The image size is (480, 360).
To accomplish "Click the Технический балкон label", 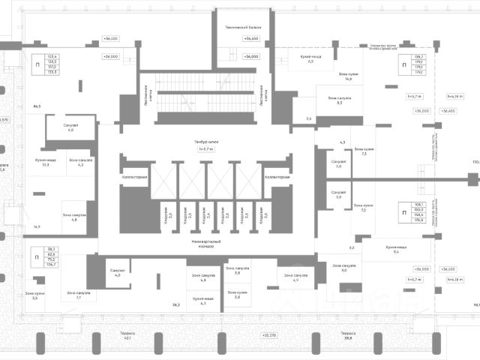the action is point(242,27).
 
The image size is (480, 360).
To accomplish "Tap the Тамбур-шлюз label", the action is point(205,141).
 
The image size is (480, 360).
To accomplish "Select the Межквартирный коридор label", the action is point(205,243).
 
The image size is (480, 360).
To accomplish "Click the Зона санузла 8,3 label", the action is point(340,100).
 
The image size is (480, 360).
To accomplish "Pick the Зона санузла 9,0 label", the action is point(344,267).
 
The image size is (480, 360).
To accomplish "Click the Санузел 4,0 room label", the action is point(117,273).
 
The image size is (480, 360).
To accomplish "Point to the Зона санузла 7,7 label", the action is point(79,295).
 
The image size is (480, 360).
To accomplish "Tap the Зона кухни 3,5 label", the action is point(35,295).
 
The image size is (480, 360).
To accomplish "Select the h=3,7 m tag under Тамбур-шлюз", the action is point(205,148).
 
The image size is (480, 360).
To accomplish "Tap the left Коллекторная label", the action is point(134,177).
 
